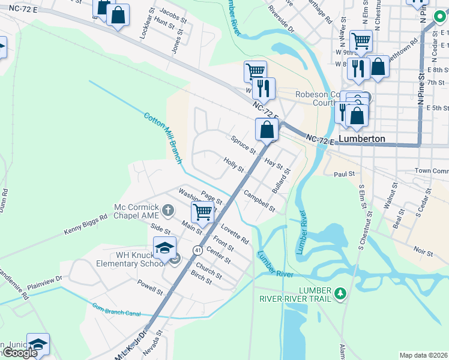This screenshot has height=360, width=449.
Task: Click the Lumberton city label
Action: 361,139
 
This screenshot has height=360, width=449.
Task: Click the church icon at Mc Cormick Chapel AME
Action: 169,210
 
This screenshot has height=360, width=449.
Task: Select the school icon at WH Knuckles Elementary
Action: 165,248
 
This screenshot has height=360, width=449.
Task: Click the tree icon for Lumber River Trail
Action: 341,293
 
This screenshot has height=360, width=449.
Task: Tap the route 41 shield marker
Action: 197,250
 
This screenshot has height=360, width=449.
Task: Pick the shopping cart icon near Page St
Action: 203,212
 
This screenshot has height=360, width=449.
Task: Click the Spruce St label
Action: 243,144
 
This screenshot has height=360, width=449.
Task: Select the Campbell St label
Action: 259,201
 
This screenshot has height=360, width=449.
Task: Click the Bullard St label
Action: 281,180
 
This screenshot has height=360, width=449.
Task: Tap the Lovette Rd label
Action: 235,235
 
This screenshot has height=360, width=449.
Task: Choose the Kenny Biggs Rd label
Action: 85,224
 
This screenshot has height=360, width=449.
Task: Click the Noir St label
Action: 423,250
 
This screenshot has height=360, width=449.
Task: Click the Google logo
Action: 19,353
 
